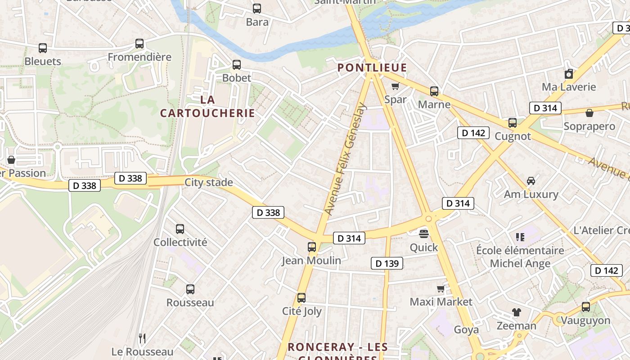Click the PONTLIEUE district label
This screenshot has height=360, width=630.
(x=372, y=68)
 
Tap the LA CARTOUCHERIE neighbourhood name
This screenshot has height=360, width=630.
(x=207, y=106)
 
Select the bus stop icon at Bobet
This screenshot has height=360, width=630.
(x=237, y=65)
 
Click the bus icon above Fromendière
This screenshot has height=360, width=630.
(x=139, y=44)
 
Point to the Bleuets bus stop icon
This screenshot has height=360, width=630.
(x=43, y=48)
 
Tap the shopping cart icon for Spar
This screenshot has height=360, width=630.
(x=395, y=86)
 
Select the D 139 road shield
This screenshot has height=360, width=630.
(x=387, y=264)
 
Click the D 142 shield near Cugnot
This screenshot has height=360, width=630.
(x=473, y=133)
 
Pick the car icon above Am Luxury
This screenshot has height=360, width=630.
(x=531, y=181)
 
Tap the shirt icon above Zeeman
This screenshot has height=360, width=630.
(x=516, y=312)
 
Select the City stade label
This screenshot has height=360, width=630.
(x=209, y=182)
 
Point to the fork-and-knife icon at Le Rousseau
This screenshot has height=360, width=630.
(x=142, y=338)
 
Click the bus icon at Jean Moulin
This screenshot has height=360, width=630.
(x=312, y=247)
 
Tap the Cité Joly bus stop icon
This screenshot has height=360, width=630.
(x=301, y=298)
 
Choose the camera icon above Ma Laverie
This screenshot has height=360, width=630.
(x=569, y=74)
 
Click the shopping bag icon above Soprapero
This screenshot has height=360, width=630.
(x=589, y=113)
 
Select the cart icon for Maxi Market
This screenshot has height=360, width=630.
(x=441, y=288)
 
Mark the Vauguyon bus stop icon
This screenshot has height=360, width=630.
(x=585, y=307)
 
